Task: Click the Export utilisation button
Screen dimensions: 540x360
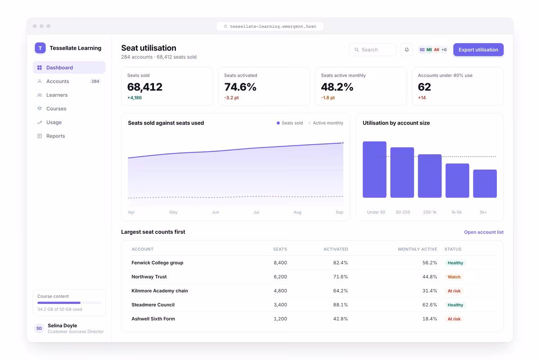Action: [x=478, y=49]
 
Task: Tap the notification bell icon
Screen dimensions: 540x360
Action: [x=407, y=49]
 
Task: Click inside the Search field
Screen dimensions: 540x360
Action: [x=373, y=49]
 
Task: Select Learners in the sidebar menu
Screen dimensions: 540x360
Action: [x=57, y=95]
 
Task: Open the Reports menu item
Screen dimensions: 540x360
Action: [x=55, y=136]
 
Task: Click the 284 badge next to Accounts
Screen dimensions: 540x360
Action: [x=95, y=81]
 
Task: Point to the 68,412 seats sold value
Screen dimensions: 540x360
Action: [x=145, y=87]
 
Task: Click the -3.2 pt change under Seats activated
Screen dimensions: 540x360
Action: [x=231, y=98]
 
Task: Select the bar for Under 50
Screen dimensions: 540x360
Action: [x=374, y=170]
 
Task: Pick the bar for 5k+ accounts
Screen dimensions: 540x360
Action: [x=485, y=184]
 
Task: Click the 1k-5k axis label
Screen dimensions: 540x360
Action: [x=457, y=212]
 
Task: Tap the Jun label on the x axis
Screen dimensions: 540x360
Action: [x=216, y=212]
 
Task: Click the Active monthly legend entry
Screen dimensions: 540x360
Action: [x=326, y=123]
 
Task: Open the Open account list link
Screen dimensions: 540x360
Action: [x=484, y=232]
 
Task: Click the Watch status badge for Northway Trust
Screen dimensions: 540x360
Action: [x=454, y=277]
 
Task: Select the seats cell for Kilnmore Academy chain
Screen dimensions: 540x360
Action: [x=280, y=291]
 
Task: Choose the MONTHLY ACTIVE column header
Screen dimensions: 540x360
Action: [x=418, y=249]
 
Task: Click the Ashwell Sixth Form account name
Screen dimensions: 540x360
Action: [x=153, y=319]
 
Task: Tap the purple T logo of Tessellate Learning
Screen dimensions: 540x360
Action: [x=40, y=48]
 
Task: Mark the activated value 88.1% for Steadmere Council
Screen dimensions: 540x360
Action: [x=341, y=305]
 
